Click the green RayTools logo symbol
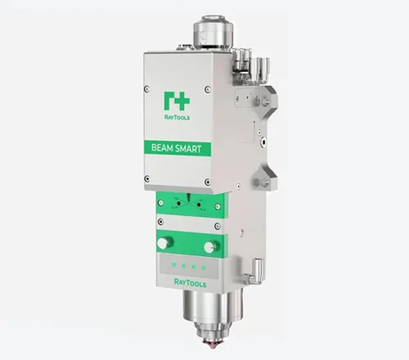[x=177, y=101]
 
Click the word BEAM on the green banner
[x=162, y=148]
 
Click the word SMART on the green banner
[x=188, y=149]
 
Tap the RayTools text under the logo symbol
[x=177, y=117]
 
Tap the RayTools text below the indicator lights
[x=190, y=283]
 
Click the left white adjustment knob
[x=164, y=243]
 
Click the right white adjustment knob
[x=209, y=247]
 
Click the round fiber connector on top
[x=213, y=30]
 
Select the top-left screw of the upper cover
[x=147, y=89]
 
